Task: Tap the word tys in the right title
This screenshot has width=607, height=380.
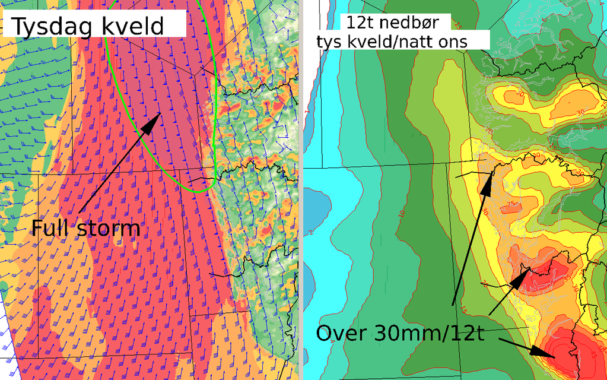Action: (x=330, y=42)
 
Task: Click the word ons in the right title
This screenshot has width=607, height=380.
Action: (x=455, y=42)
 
